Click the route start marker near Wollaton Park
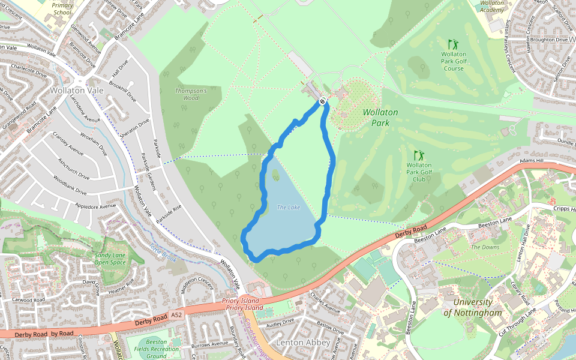322,101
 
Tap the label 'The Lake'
288,208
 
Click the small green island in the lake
275,175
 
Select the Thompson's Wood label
191,94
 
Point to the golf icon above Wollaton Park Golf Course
453,44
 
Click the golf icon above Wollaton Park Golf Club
419,155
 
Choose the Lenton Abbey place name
302,342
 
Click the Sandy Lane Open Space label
110,259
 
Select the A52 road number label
175,314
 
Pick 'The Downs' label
485,247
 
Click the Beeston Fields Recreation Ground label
156,349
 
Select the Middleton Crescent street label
197,288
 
